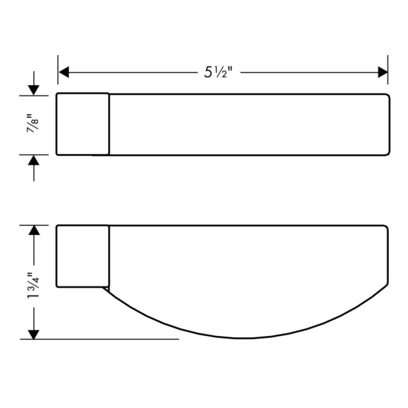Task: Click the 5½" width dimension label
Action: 218,72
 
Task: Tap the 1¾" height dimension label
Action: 33,286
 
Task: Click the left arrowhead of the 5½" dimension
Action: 64,72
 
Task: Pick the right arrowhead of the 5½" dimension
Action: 383,72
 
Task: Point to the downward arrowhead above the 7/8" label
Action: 34,90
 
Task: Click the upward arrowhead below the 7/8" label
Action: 34,160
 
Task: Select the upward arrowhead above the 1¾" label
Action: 34,231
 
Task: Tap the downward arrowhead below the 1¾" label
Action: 34,335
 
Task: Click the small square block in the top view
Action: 83,124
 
